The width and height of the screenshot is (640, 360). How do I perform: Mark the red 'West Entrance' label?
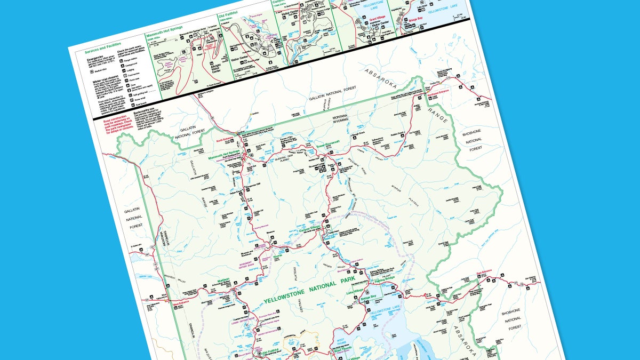[x=182, y=305]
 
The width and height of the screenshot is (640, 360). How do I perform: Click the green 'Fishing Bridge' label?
[x=386, y=281]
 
